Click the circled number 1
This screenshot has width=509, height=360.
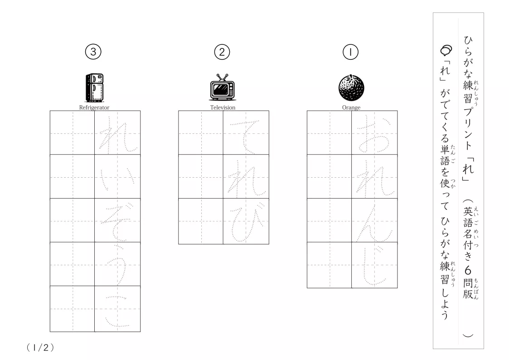pyautogui.click(x=350, y=52)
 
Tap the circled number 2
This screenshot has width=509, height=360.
pyautogui.click(x=222, y=52)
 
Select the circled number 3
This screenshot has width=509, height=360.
pyautogui.click(x=93, y=52)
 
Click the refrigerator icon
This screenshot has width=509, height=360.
pyautogui.click(x=94, y=88)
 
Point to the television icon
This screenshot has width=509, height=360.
pyautogui.click(x=223, y=88)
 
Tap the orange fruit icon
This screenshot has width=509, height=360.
pyautogui.click(x=351, y=88)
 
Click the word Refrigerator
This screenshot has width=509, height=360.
pyautogui.click(x=94, y=107)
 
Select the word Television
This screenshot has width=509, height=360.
pyautogui.click(x=223, y=107)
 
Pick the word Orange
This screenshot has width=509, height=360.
pyautogui.click(x=351, y=107)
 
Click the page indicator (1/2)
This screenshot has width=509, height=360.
pyautogui.click(x=40, y=348)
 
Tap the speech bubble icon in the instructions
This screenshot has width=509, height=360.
pyautogui.click(x=446, y=50)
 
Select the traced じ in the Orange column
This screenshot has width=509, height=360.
pyautogui.click(x=374, y=265)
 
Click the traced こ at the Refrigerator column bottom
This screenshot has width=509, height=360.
pyautogui.click(x=117, y=311)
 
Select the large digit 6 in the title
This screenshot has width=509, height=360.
pyautogui.click(x=468, y=270)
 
